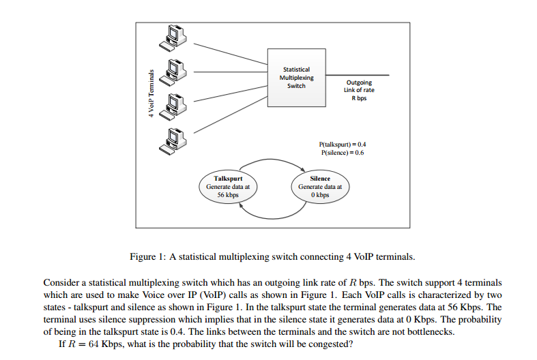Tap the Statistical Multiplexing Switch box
click(295, 77)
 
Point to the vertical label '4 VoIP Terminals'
click(151, 92)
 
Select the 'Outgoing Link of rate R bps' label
click(359, 90)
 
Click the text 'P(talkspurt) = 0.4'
click(343, 145)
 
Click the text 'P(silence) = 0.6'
click(343, 153)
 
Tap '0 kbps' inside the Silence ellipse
click(320, 195)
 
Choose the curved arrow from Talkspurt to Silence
click(272, 160)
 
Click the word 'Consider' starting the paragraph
click(61, 282)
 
